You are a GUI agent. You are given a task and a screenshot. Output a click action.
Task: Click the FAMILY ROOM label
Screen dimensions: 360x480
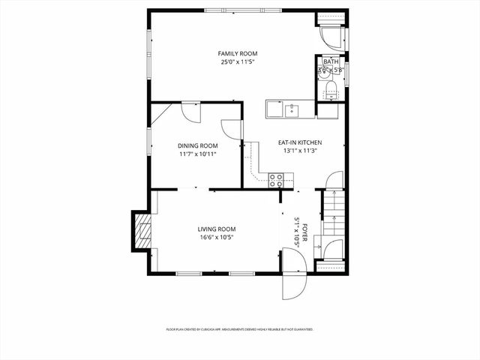click(x=238, y=53)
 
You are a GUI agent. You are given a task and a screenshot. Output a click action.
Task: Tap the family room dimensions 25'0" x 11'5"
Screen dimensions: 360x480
click(x=238, y=62)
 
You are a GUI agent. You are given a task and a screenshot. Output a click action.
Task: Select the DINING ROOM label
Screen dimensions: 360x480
click(x=198, y=145)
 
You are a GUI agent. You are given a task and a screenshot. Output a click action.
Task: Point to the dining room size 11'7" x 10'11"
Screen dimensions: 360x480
click(x=198, y=154)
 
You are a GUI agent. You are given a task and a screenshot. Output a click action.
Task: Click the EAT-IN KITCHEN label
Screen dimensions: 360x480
click(x=300, y=142)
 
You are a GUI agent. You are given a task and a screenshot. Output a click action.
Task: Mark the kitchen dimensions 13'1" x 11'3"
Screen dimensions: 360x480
click(x=300, y=151)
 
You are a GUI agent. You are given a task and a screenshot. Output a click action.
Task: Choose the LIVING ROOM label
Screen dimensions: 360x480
click(x=217, y=229)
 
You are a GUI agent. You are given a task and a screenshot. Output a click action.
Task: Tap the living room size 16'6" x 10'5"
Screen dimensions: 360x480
click(x=217, y=238)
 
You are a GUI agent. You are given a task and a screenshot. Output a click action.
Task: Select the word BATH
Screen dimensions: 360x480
click(x=331, y=62)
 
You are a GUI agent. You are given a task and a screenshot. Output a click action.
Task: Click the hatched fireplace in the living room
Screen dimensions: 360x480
click(x=141, y=231)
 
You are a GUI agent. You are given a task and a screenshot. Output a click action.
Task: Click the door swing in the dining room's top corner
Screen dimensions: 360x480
click(x=190, y=112)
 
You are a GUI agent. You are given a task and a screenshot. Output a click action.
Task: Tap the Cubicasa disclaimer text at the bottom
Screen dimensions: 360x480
click(x=239, y=328)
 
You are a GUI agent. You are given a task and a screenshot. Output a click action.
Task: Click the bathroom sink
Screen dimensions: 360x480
click(x=323, y=71)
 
